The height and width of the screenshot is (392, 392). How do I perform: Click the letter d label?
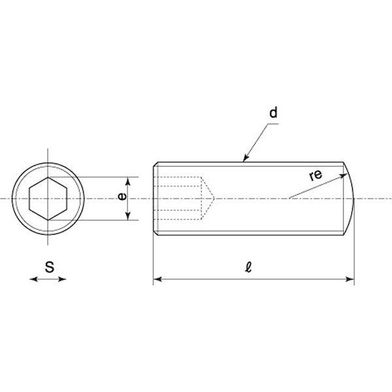point(273,113)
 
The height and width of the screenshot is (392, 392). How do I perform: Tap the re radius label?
point(316,175)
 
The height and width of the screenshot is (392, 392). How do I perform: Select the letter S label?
point(50,267)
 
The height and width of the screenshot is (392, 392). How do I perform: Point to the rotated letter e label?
point(122,197)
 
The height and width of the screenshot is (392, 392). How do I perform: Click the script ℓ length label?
point(248,267)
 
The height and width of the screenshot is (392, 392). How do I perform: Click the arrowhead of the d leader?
point(246,158)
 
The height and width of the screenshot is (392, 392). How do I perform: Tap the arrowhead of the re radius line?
point(344,176)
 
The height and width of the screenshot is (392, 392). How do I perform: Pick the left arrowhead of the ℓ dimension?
point(157,279)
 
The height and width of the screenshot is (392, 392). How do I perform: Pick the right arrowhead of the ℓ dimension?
point(350,279)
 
